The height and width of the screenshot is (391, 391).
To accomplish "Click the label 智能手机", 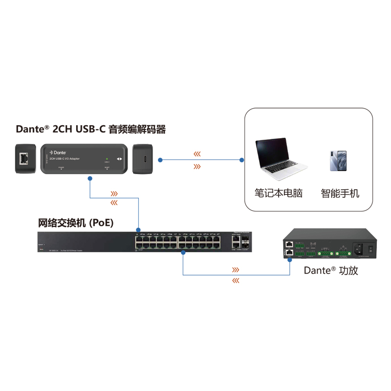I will click(x=340, y=193).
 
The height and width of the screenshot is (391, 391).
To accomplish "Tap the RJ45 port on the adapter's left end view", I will click(x=24, y=158).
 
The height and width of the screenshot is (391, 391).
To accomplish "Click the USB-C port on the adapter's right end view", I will click(x=145, y=159).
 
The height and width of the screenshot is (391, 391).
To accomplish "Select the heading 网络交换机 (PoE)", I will click(x=76, y=223).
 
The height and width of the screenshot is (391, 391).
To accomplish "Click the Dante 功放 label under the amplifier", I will click(x=331, y=270).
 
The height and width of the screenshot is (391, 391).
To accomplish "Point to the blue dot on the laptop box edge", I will click(x=241, y=160).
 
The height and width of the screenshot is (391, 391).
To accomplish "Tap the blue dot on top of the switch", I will click(x=138, y=228).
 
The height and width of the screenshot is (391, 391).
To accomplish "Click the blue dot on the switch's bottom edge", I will click(x=182, y=252).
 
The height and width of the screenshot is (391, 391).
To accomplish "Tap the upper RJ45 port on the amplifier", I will click(x=290, y=243).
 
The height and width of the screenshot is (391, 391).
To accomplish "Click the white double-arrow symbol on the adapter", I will click(x=119, y=159).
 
